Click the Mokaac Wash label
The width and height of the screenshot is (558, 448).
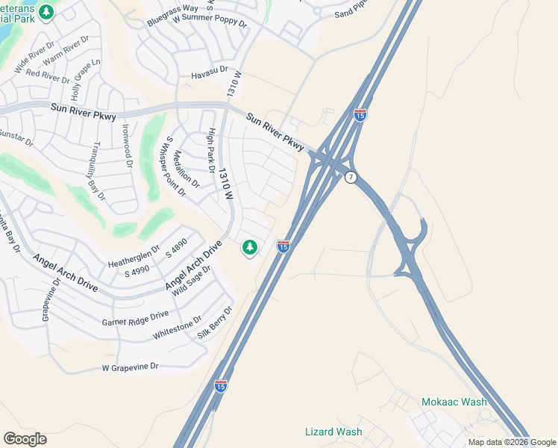(x=454, y=402)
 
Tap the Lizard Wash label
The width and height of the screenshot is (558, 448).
(x=333, y=432)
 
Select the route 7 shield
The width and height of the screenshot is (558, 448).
(x=350, y=176)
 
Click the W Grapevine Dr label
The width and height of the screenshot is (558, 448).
(x=131, y=367)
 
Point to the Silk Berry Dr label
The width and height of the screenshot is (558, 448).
(x=216, y=323)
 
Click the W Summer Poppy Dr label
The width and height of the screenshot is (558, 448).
(x=210, y=23)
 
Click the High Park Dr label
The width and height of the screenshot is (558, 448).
(x=212, y=152)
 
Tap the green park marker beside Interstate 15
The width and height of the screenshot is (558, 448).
(x=250, y=247)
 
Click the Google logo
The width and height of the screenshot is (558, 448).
(x=25, y=439)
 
